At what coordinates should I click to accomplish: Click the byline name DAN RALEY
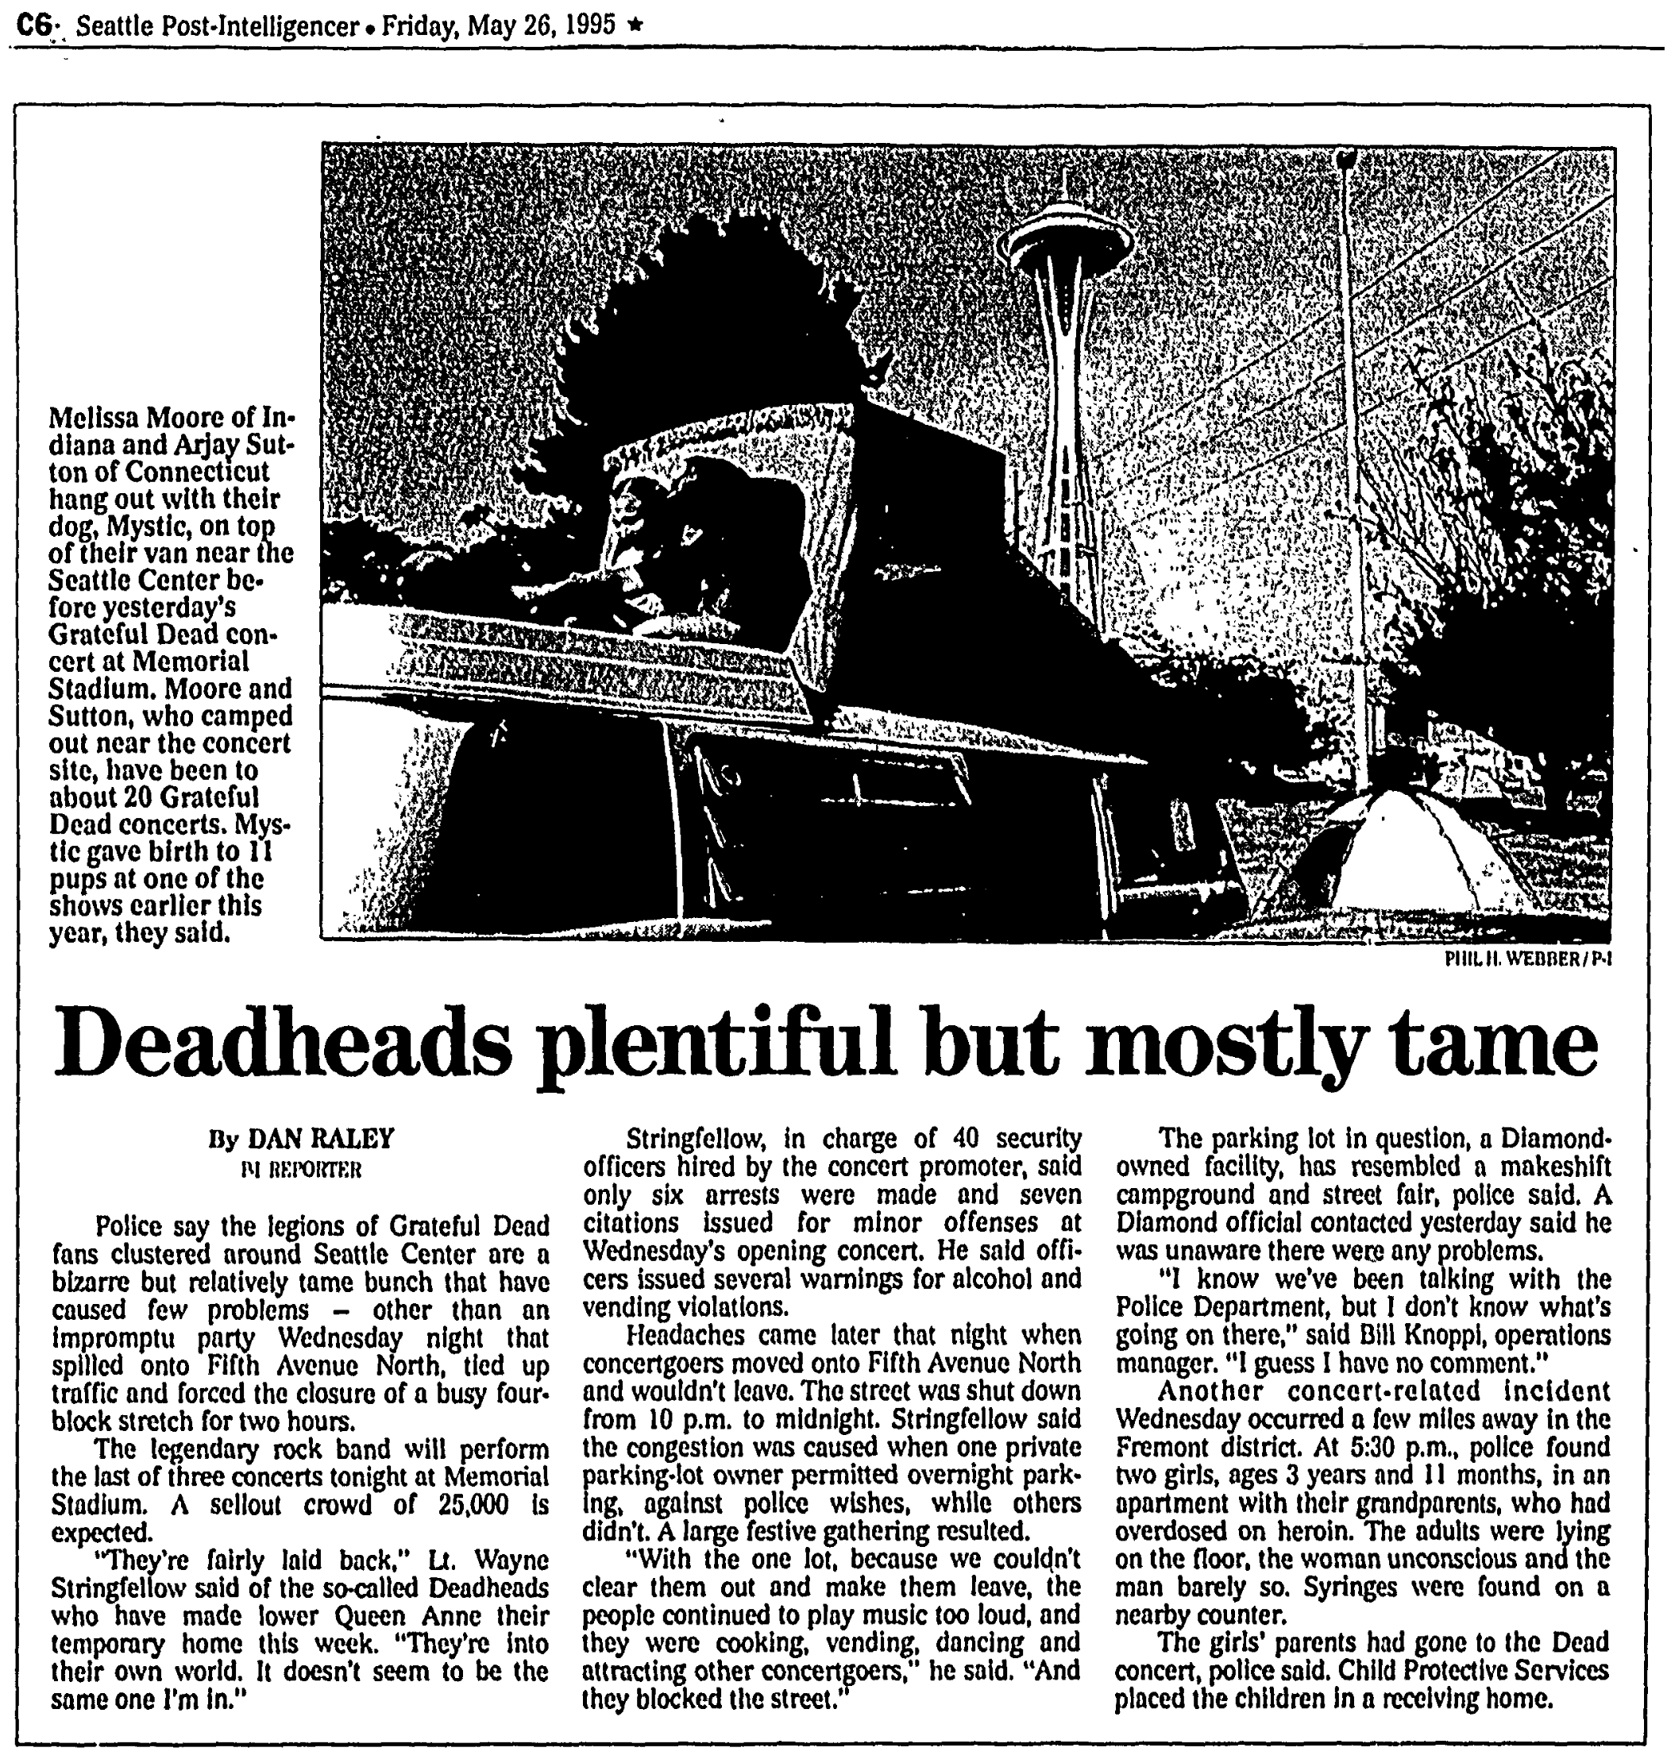coord(320,1140)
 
